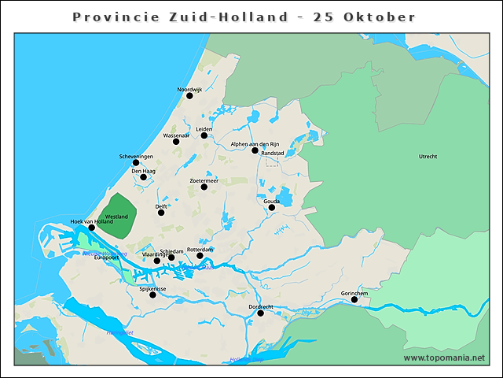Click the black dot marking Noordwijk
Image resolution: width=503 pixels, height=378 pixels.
pos(189,96)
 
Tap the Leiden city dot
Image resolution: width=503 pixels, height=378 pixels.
pos(204,135)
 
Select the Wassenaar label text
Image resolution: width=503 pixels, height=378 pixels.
pos(176,135)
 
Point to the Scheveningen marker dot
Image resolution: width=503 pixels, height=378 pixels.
pos(136,163)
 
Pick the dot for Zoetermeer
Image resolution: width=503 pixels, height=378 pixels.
pos(204,187)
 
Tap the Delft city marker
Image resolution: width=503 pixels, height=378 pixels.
pos(161,212)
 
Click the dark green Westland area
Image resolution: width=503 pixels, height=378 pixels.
pos(118,216)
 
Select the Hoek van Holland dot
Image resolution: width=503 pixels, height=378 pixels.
pos(91,228)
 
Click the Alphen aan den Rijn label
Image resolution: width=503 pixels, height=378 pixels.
pos(255,144)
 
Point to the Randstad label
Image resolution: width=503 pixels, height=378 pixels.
pos(272,154)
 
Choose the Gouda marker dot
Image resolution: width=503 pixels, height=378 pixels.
pos(272,208)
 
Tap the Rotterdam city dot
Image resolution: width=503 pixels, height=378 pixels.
pos(200,256)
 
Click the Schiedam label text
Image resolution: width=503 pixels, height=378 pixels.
pos(171,251)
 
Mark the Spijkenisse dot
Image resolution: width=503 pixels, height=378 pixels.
pos(152,295)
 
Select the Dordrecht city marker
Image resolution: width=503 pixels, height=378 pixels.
pos(260,313)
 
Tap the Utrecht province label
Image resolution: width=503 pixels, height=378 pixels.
pos(428,157)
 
